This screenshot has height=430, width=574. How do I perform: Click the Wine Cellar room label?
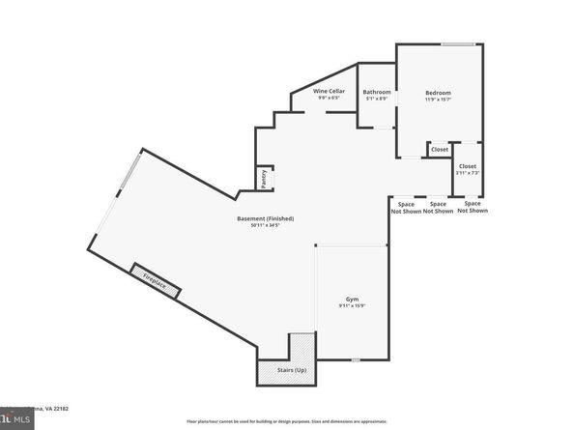(329, 91)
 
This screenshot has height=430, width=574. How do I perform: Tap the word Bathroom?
(377, 92)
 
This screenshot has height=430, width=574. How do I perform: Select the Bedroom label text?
(438, 92)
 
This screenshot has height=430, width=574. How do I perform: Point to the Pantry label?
(261, 179)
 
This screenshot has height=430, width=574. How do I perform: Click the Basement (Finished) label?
(266, 218)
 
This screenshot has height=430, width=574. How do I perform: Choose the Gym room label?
(354, 300)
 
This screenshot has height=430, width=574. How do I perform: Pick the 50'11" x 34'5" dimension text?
(266, 225)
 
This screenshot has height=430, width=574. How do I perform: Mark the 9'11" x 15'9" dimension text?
(353, 306)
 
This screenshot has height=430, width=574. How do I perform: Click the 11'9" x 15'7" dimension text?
(438, 99)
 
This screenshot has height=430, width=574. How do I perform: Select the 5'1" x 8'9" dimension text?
(376, 99)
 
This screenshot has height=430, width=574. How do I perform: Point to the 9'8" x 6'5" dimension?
(329, 98)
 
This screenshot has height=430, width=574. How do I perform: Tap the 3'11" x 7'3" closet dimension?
(468, 172)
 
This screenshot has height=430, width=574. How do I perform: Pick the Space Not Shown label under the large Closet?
(473, 207)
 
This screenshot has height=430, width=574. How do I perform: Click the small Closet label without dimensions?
(440, 150)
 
